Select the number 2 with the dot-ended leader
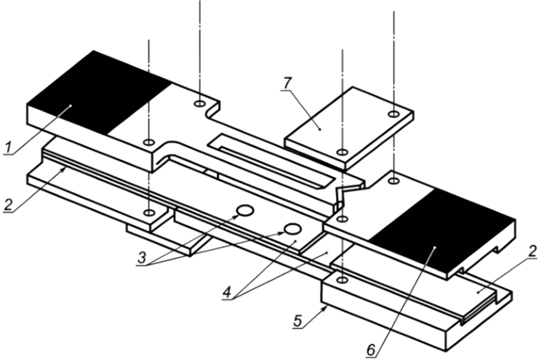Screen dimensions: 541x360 (532, 252)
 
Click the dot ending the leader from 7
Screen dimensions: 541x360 (321, 130)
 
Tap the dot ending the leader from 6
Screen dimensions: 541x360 (435, 248)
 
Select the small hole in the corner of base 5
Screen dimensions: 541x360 (342, 280)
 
